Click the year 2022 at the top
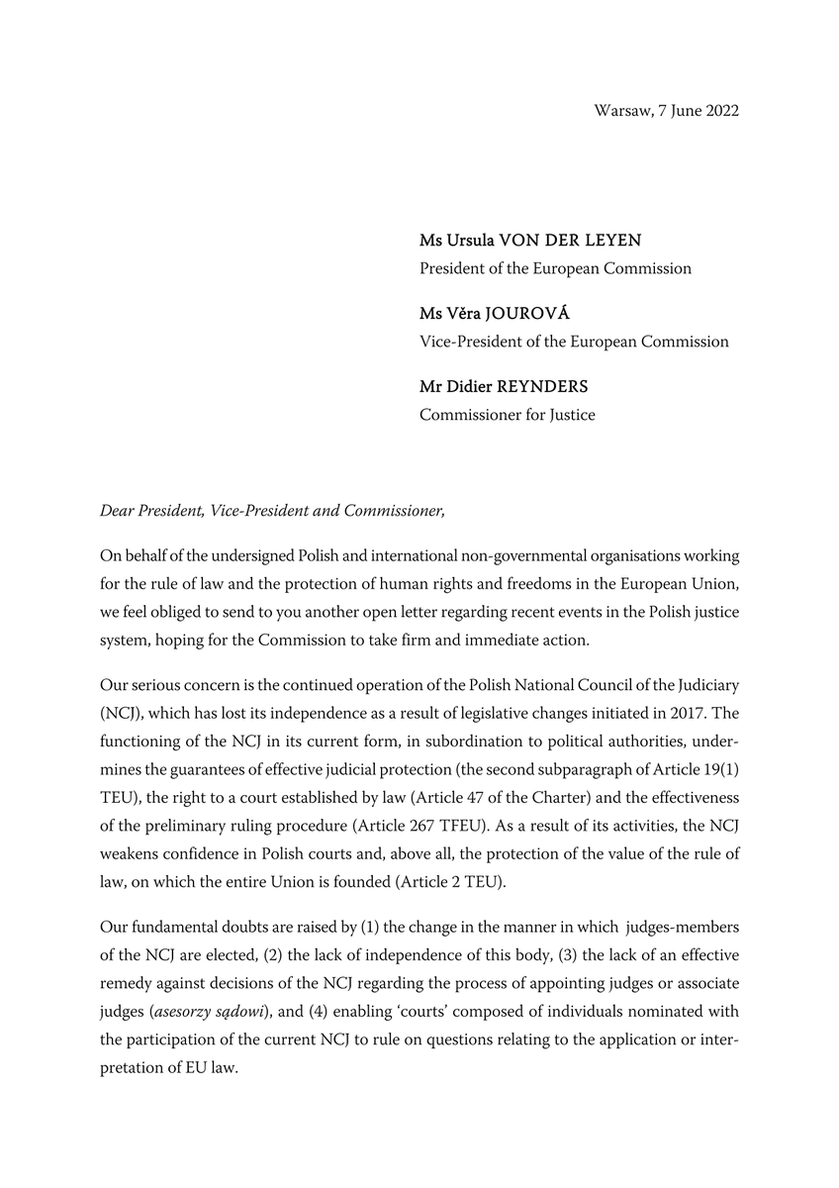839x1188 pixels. [x=718, y=111]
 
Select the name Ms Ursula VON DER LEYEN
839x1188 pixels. [x=530, y=241]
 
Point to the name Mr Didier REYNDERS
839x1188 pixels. [x=504, y=387]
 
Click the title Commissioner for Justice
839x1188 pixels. [x=507, y=415]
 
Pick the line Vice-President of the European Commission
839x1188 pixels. [x=574, y=342]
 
